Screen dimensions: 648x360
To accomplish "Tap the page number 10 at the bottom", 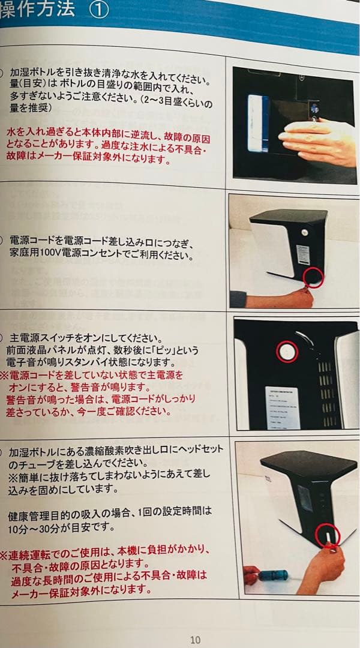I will pyautogui.click(x=195, y=640).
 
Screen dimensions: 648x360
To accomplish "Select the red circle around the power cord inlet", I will pyautogui.click(x=313, y=277).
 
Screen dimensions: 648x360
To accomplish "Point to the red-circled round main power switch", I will pyautogui.click(x=287, y=352).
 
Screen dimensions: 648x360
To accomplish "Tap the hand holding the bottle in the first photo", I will pyautogui.click(x=318, y=141).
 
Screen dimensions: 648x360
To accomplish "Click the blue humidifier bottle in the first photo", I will pyautogui.click(x=258, y=125).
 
